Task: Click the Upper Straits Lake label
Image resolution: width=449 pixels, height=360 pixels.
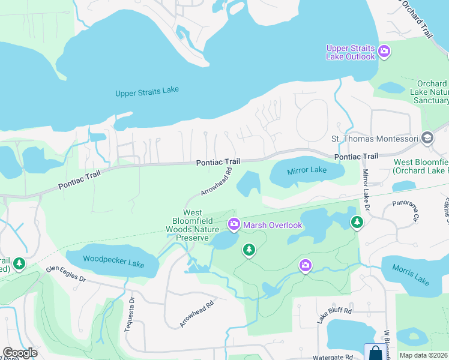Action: (147, 91)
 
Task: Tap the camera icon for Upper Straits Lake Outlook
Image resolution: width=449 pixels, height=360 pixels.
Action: (384, 52)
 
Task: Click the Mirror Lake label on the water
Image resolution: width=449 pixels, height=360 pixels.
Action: (307, 170)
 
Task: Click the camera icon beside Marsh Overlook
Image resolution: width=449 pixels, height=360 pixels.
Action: (234, 225)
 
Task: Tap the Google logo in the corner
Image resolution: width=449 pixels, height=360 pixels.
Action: (20, 353)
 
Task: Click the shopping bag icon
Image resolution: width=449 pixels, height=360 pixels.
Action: (375, 353)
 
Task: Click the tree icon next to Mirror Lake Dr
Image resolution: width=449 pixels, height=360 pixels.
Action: (357, 223)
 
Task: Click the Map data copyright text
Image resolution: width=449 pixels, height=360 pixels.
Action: (423, 355)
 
